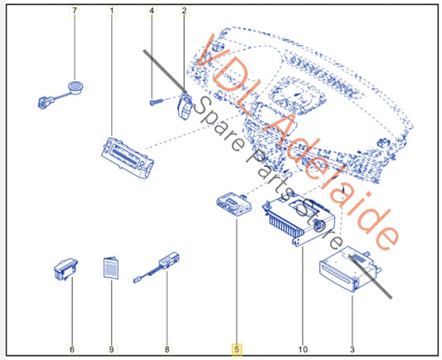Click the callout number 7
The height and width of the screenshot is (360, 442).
click(75, 11)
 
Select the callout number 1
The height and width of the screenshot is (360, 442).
click(112, 11)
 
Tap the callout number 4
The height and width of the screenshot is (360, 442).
click(152, 11)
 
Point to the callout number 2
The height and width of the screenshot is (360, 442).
click(184, 11)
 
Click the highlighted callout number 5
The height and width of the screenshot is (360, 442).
click(236, 349)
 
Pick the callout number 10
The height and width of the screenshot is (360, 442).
click(303, 349)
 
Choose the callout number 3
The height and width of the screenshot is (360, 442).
click(352, 349)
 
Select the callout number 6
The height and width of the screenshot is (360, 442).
click(72, 349)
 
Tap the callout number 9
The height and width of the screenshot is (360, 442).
click(111, 349)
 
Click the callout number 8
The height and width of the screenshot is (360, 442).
click(167, 349)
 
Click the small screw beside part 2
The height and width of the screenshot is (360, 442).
click(156, 102)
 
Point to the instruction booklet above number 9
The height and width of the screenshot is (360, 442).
click(111, 268)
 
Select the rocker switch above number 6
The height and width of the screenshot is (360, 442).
click(66, 270)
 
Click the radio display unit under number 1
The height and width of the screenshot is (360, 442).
click(128, 158)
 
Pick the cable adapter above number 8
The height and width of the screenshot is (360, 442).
click(157, 267)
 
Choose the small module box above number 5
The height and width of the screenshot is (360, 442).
click(234, 204)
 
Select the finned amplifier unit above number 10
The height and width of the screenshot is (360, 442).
click(299, 220)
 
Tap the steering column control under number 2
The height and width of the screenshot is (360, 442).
click(185, 106)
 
